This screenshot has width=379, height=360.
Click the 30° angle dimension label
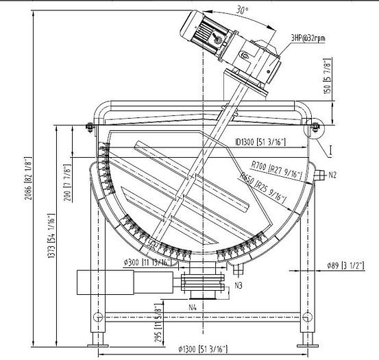coord(223,10)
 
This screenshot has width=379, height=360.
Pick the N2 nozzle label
coord(332,176)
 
